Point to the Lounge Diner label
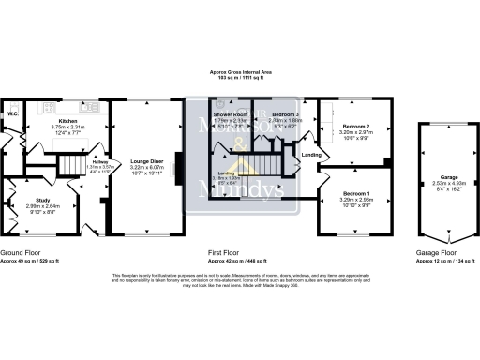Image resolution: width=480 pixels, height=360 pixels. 145,161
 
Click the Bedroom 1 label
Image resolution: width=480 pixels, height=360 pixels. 357,193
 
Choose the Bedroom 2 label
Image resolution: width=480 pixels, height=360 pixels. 357,126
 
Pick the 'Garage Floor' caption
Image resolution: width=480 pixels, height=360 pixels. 436,253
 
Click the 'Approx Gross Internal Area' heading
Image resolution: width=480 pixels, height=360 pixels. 241,71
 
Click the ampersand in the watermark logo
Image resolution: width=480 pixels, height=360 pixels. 241,142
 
